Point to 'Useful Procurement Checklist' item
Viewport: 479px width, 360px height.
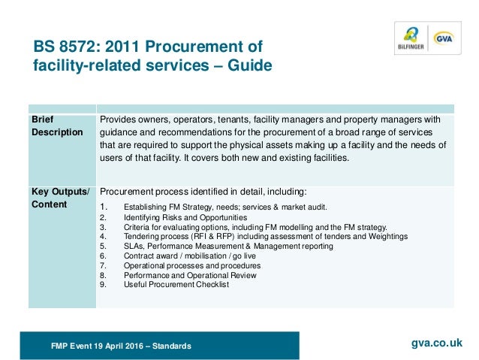[x=176, y=285]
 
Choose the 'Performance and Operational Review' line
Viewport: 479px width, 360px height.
[x=190, y=275]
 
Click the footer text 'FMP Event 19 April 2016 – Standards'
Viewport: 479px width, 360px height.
[x=121, y=346]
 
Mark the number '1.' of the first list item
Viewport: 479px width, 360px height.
[x=104, y=207]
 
